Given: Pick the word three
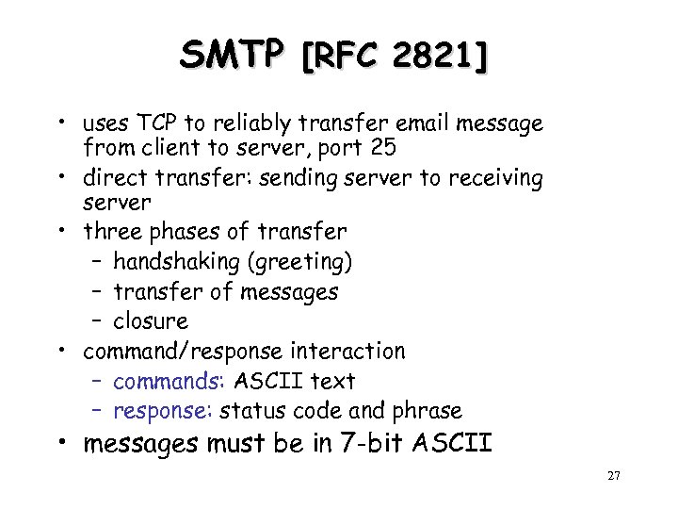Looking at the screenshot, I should tap(113, 231).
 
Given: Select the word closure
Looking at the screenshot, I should tap(151, 321).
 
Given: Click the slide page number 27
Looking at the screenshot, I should tap(614, 477).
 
